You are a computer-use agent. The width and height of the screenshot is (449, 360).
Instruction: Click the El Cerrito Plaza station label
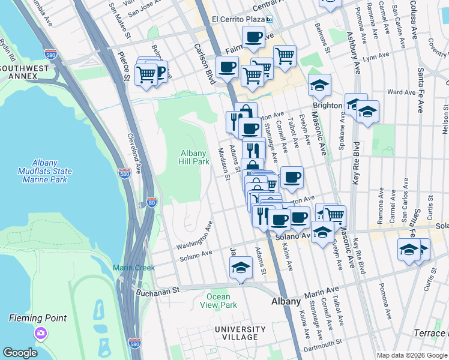(x=238, y=19)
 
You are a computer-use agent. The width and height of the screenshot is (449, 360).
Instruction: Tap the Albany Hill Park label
(x=194, y=157)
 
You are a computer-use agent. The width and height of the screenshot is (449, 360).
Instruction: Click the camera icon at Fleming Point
(x=40, y=332)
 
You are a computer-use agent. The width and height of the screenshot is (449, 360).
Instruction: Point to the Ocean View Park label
(x=218, y=301)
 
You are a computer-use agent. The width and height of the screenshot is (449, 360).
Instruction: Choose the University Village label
(x=240, y=333)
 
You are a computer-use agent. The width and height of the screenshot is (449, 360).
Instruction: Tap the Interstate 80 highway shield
(x=152, y=202)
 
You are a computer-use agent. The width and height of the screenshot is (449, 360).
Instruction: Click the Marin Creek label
(x=134, y=268)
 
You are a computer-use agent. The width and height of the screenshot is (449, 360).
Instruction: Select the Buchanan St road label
(x=158, y=290)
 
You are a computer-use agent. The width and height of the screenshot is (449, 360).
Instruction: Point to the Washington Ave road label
(x=194, y=238)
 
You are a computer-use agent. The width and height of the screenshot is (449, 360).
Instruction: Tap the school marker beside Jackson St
(x=241, y=267)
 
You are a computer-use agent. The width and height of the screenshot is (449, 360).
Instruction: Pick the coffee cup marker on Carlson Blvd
(x=227, y=67)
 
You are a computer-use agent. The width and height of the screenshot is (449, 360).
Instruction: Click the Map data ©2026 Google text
(x=412, y=355)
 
